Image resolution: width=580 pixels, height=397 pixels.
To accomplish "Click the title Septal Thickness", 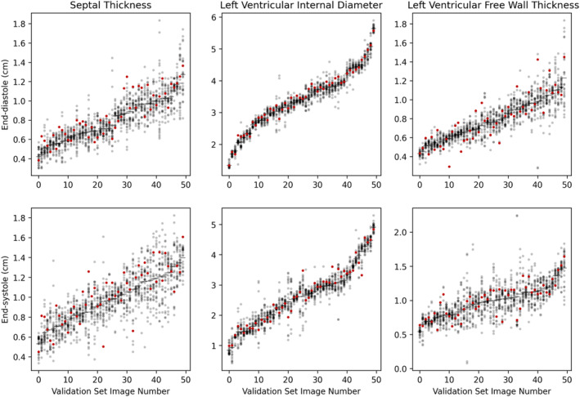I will (110, 7).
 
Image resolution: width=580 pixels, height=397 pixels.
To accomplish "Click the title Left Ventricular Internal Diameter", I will (302, 7).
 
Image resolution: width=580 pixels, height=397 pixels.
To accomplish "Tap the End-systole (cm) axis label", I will (7, 290).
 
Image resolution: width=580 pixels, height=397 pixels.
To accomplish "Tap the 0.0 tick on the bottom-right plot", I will (401, 368).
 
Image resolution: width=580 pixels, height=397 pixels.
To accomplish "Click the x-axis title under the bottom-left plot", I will (111, 390).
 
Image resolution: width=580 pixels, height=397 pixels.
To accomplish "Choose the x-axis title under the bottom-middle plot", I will (302, 390).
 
